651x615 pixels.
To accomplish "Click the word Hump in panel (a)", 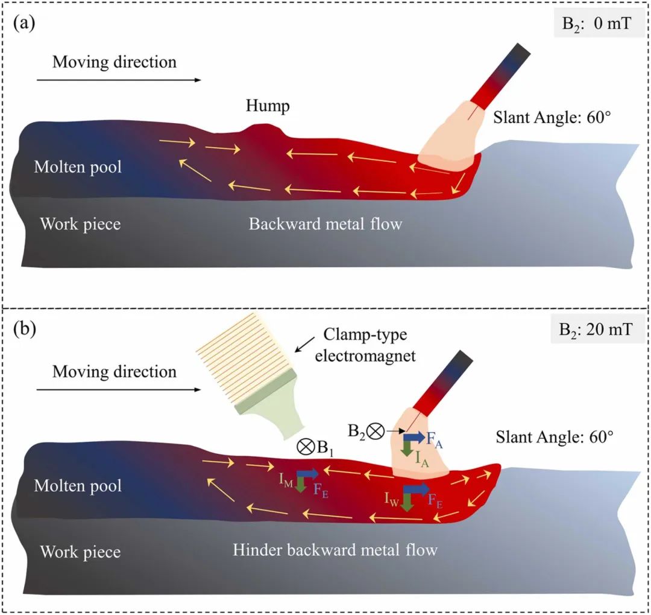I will coord(268,107).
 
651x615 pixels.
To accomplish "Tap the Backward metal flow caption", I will coord(325,225).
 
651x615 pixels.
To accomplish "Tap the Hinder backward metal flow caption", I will coord(335,550).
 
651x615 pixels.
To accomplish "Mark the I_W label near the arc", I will coord(392,498).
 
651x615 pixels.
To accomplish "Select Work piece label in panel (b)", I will coord(80,551).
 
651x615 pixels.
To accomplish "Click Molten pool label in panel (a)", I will coord(78,167).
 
